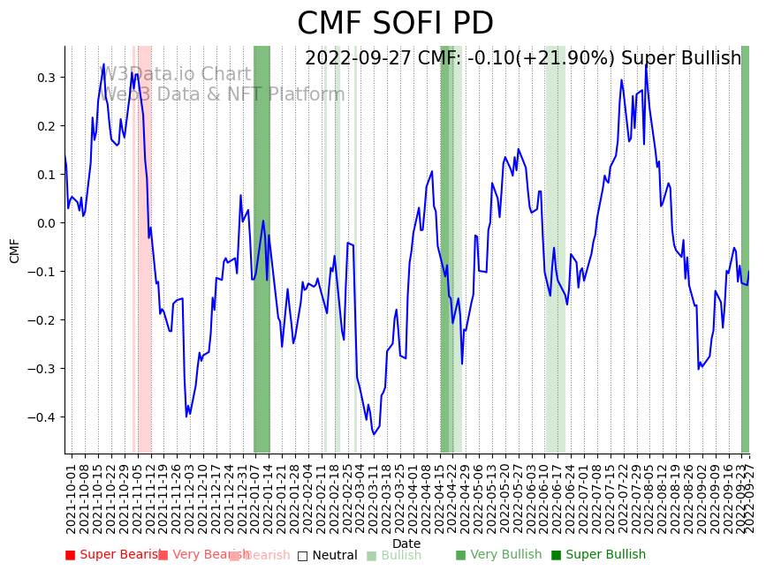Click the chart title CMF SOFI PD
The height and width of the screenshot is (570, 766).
click(x=395, y=24)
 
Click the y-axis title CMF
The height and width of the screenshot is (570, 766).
click(x=15, y=251)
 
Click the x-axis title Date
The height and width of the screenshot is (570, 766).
click(x=406, y=544)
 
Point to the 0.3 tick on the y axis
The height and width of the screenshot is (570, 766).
click(x=45, y=78)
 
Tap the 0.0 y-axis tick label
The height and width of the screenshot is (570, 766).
click(x=45, y=223)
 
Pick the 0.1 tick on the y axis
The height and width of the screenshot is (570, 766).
click(x=45, y=175)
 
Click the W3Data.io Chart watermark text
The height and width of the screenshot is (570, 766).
click(x=177, y=75)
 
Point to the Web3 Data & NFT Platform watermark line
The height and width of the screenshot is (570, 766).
click(x=224, y=94)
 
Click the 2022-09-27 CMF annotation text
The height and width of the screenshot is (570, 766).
click(x=523, y=58)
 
